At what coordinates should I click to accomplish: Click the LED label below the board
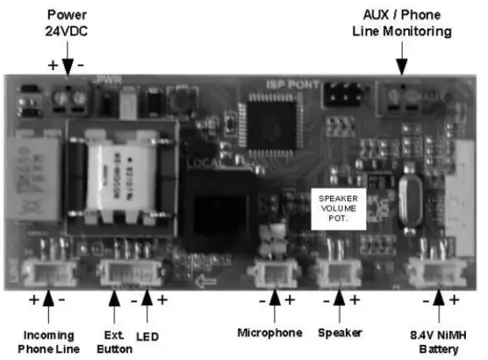[x=146, y=336]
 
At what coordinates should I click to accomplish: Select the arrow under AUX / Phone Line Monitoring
[x=402, y=62]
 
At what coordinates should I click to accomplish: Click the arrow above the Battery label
[x=440, y=305]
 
